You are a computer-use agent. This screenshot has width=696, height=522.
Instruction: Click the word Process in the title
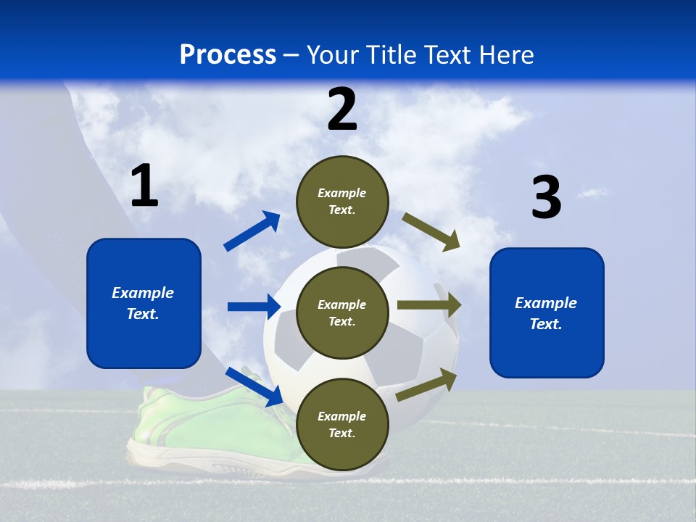point(228,55)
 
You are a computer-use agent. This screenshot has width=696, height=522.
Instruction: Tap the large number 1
point(144,186)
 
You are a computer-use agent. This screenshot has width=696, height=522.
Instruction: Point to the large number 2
point(342,109)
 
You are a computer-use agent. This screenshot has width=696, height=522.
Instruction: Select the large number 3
point(546,198)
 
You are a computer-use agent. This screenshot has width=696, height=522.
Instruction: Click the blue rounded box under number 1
point(144,303)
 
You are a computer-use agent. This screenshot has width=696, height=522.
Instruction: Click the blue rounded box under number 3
point(547,313)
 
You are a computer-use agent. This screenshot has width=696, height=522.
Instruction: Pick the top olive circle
point(342,202)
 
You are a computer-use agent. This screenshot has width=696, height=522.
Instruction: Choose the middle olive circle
point(342,312)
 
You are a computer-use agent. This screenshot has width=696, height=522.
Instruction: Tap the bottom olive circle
point(342,424)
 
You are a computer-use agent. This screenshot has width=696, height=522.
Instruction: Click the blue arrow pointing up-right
point(252,231)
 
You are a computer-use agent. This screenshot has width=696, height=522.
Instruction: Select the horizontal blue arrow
point(254,307)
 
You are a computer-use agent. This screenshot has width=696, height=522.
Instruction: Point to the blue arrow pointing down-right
point(254,386)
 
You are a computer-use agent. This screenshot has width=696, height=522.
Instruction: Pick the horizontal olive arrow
point(429,305)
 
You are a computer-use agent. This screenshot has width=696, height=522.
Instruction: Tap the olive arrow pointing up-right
point(427,384)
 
